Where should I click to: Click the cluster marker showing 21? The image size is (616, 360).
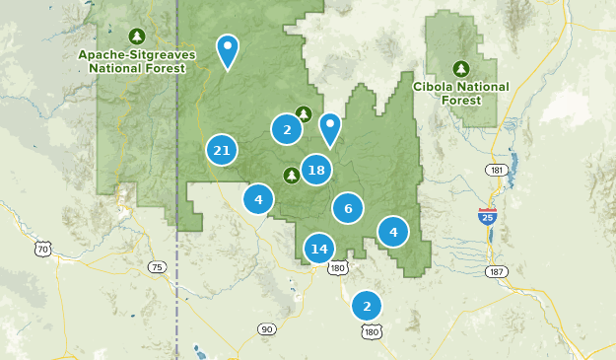(222, 151)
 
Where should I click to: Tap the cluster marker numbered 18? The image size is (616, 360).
(315, 171)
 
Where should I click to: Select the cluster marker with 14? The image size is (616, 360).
(318, 249)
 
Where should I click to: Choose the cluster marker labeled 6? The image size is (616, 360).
(348, 208)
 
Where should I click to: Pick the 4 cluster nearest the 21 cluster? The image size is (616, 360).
(258, 199)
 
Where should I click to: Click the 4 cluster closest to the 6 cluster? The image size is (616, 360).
(393, 232)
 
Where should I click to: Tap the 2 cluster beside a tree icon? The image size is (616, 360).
(287, 128)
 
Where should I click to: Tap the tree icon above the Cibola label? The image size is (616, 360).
(460, 69)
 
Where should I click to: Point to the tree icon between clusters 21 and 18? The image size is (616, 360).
(291, 176)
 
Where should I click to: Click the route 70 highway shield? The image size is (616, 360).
(43, 250)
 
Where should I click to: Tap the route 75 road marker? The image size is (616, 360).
(157, 267)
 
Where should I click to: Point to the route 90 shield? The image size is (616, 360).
(266, 327)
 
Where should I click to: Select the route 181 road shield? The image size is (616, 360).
(494, 171)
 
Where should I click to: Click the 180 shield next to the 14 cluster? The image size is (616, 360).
(339, 267)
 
